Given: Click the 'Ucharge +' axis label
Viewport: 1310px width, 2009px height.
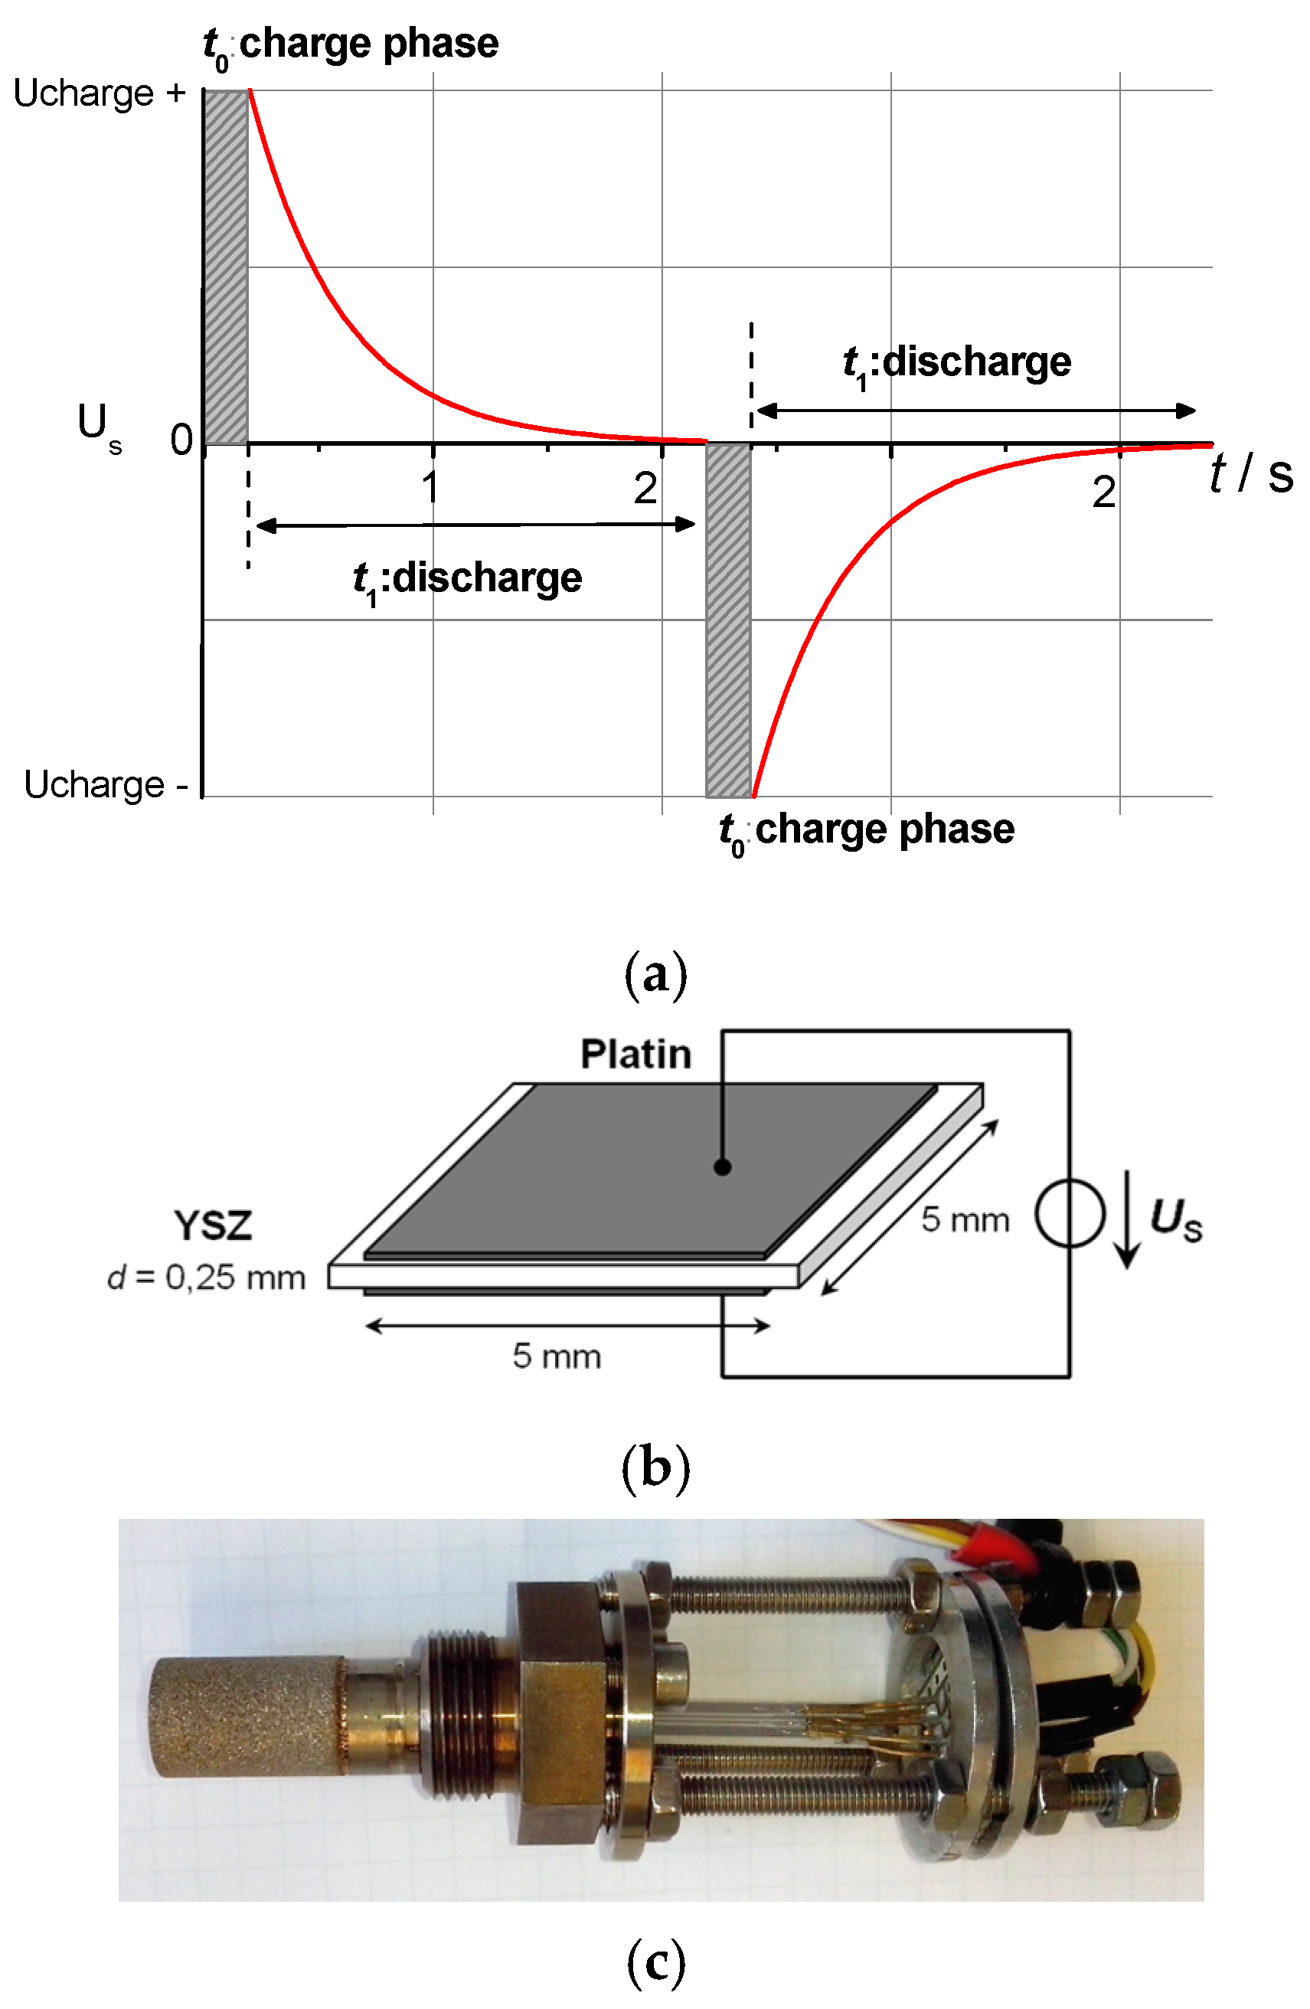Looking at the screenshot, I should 99,93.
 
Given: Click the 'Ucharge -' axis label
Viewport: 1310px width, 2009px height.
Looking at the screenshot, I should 105,784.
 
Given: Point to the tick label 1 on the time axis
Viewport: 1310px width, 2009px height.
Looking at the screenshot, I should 430,487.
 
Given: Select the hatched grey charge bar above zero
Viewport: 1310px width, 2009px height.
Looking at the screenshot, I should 226,267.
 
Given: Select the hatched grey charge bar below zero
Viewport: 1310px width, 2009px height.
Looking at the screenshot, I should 727,620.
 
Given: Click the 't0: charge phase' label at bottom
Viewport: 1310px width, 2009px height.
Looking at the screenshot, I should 866,830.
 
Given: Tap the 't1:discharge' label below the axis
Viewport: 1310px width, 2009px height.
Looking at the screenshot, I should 467,580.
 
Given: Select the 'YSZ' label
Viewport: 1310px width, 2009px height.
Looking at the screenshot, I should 213,1225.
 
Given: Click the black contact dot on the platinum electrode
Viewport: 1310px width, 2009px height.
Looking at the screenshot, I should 722,1167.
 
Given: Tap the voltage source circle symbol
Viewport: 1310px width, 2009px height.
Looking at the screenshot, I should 1070,1214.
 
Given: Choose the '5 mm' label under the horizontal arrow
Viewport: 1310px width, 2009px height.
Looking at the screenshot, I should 557,1356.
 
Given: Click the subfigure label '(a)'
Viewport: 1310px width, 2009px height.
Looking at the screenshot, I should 655,975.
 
